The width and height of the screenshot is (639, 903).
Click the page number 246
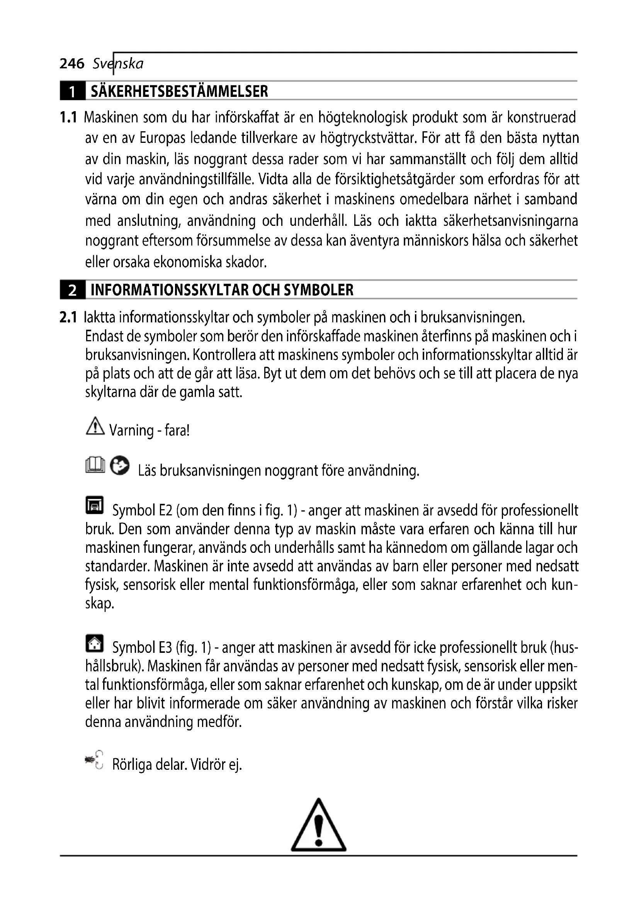pyautogui.click(x=72, y=63)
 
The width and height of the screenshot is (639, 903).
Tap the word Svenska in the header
pyautogui.click(x=118, y=63)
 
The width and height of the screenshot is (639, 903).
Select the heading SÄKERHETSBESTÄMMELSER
pyautogui.click(x=179, y=91)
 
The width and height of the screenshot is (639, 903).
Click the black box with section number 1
pyautogui.click(x=72, y=91)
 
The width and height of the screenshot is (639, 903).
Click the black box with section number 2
pyautogui.click(x=72, y=290)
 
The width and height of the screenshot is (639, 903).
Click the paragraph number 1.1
pyautogui.click(x=68, y=117)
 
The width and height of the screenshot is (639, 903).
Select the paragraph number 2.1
pyautogui.click(x=68, y=317)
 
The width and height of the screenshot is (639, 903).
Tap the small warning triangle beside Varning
pyautogui.click(x=95, y=426)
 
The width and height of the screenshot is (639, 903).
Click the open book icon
pyautogui.click(x=95, y=465)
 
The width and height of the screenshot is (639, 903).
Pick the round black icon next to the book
pyautogui.click(x=120, y=466)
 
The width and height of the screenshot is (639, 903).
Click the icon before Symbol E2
pyautogui.click(x=94, y=505)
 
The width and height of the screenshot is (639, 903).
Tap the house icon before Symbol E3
pyautogui.click(x=94, y=644)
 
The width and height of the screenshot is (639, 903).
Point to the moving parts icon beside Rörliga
pyautogui.click(x=94, y=759)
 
